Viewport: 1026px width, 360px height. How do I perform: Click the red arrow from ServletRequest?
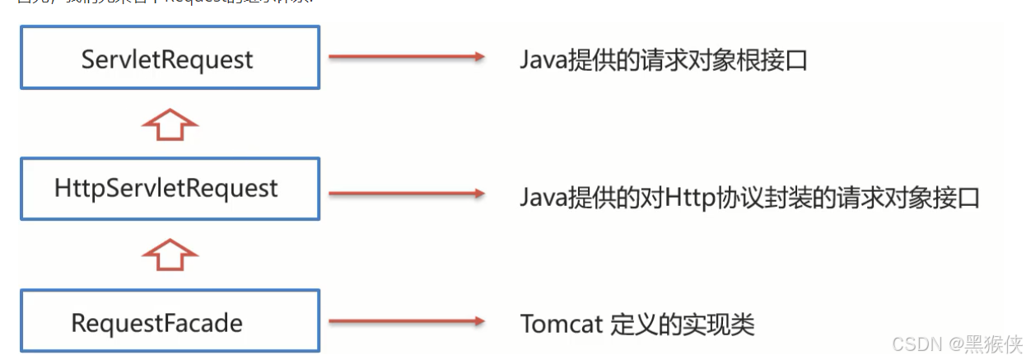pos(406,57)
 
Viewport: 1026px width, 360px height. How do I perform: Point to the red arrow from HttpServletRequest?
pos(406,194)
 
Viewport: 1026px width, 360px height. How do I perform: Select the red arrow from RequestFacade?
pos(406,322)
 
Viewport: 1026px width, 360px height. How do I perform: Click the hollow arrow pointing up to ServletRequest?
pos(170,124)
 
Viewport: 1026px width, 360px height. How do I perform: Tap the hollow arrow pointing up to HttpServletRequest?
pos(170,255)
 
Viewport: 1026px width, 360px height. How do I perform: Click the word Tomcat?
pos(562,324)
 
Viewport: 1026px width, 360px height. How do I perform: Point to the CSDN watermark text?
pos(916,342)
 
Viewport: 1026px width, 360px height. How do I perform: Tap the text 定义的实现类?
pos(682,324)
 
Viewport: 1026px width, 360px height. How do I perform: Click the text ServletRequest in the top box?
pos(167,60)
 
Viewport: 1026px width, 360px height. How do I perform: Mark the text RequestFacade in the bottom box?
pos(156,323)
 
